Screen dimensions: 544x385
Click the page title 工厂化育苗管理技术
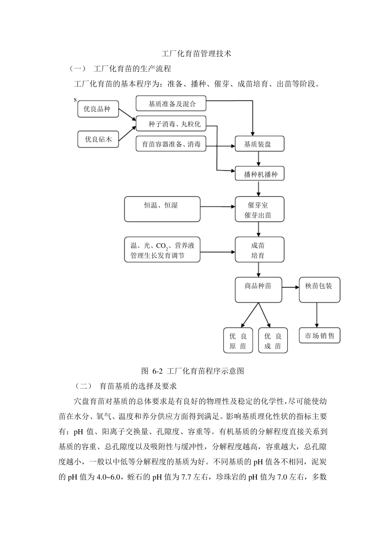[x=196, y=53]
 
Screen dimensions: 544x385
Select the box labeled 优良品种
[x=98, y=109]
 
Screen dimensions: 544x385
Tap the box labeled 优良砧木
[x=98, y=139]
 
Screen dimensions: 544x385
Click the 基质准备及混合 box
[x=171, y=104]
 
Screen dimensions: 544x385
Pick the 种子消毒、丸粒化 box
[x=171, y=124]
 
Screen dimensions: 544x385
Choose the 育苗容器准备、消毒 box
[x=171, y=144]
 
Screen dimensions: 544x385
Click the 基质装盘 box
[x=259, y=144]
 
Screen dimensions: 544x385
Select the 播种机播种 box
[x=259, y=174]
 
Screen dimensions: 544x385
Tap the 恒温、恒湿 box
[x=162, y=209]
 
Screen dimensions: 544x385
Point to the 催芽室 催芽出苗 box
[x=259, y=210]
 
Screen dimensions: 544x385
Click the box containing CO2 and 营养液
[x=162, y=250]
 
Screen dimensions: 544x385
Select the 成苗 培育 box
[x=259, y=250]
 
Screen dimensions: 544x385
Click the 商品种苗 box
[x=259, y=290]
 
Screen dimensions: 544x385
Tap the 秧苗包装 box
[x=319, y=290]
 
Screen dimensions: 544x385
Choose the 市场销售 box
[x=319, y=336]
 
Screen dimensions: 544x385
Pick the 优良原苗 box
[x=238, y=341]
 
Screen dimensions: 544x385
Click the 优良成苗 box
[x=273, y=341]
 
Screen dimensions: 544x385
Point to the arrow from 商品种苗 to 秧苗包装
[x=290, y=288]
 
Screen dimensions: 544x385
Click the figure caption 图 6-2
[x=192, y=371]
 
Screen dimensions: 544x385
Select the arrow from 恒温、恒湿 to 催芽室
[x=218, y=207]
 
